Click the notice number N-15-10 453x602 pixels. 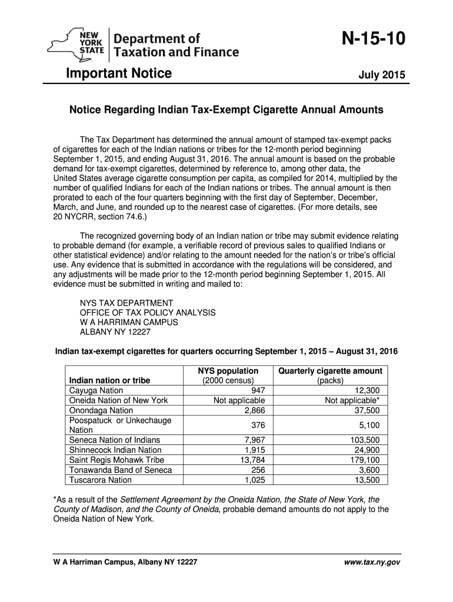point(365,41)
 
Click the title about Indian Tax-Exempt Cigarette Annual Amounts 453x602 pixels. point(226,110)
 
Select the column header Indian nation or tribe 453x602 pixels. point(109,380)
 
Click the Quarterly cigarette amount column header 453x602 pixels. point(330,371)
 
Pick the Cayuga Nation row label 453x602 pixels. point(96,390)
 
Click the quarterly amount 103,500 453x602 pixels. point(364,440)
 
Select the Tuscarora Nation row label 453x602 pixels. point(101,480)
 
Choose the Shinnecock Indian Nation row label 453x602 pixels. point(115,450)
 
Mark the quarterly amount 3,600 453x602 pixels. point(369,470)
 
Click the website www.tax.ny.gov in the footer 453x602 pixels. point(374,563)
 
